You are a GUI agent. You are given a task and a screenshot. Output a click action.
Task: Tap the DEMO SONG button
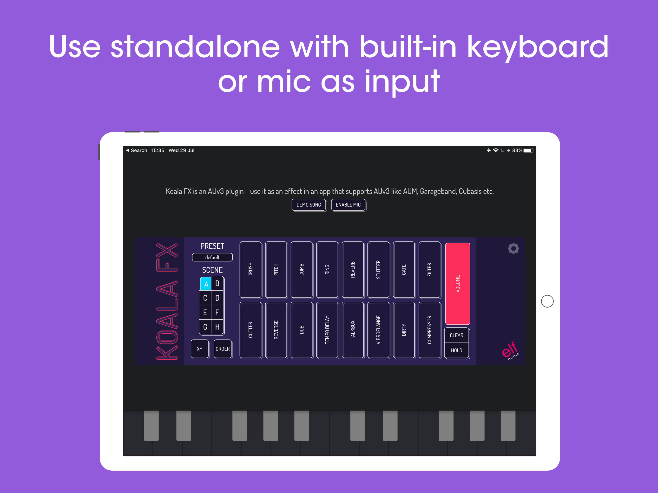(x=309, y=205)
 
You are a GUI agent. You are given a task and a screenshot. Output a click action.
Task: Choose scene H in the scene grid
(x=217, y=327)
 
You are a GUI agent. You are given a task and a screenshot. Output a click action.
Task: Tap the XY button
(x=200, y=349)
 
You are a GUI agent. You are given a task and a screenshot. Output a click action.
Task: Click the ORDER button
(x=223, y=349)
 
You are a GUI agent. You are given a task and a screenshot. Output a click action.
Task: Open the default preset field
(x=212, y=257)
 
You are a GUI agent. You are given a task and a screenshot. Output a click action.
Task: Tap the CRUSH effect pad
(x=250, y=270)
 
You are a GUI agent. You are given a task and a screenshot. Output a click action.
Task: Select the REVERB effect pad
(x=353, y=270)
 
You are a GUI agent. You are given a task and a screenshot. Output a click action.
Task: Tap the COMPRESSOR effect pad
(x=429, y=330)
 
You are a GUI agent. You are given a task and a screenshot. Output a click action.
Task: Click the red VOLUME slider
(x=458, y=283)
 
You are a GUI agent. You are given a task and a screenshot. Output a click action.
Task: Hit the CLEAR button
(x=456, y=335)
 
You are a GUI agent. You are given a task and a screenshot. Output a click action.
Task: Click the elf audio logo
(x=510, y=350)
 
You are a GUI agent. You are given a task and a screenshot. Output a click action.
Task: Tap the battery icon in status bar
(x=528, y=150)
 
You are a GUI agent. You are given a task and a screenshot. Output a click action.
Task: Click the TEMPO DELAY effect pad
(x=327, y=330)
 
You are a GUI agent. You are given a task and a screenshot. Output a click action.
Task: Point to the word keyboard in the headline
(x=538, y=48)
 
